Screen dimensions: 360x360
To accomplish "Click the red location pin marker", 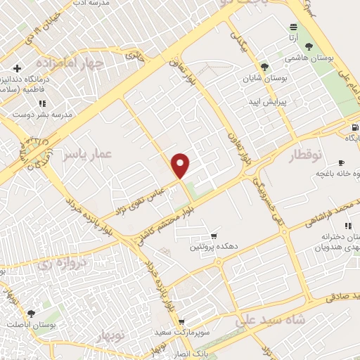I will pyautogui.click(x=181, y=165).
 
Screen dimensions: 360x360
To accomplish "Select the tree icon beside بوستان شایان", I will pyautogui.click(x=264, y=67).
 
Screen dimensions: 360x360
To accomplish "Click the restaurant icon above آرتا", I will pyautogui.click(x=292, y=26).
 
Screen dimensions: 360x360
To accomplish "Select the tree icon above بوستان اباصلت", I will pyautogui.click(x=30, y=314).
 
